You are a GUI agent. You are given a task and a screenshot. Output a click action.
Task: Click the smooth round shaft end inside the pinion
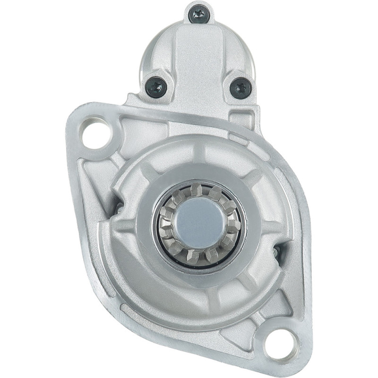point(200,223)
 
